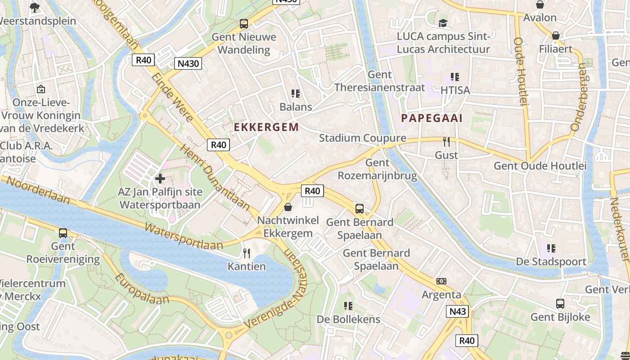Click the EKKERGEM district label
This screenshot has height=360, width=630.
point(266,127)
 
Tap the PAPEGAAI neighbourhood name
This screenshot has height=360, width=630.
point(432,118)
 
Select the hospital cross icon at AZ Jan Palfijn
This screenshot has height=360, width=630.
point(160,179)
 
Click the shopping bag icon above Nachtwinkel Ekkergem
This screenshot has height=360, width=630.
point(288,207)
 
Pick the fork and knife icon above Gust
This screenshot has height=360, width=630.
point(446,142)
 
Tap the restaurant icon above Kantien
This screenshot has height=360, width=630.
point(247,253)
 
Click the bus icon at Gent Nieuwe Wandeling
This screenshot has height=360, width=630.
point(243,23)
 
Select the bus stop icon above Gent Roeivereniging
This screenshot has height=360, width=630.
point(63,233)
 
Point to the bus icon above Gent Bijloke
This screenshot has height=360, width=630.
point(560,304)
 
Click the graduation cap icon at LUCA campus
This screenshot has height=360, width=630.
point(443,23)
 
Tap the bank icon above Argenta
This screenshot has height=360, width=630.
point(441,281)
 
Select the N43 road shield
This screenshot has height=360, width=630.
point(458,311)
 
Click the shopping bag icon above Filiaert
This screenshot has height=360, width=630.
point(556,36)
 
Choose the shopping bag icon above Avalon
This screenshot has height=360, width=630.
point(540,4)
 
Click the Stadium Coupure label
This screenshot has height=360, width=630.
point(362,138)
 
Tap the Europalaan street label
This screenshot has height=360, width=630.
point(137,288)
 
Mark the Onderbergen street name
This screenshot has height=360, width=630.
point(579,97)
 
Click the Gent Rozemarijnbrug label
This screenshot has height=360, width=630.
point(377,169)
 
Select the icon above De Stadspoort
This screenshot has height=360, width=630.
point(551,248)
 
